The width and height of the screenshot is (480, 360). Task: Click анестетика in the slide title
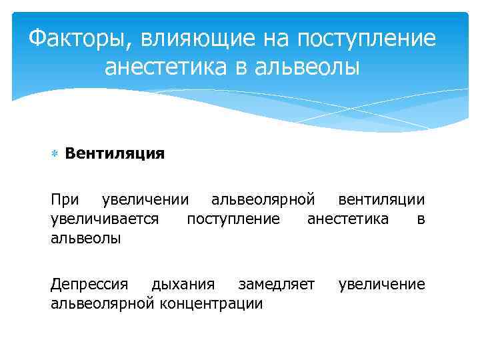pyautogui.click(x=174, y=67)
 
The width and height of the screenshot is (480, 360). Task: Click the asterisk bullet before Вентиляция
pyautogui.click(x=55, y=155)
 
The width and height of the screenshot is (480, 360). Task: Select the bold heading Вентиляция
pyautogui.click(x=115, y=154)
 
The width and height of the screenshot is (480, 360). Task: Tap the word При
pyautogui.click(x=65, y=200)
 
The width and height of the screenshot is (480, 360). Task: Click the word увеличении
pyautogui.click(x=144, y=200)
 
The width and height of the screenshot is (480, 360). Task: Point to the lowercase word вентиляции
pyautogui.click(x=381, y=200)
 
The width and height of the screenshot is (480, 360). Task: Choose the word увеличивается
pyautogui.click(x=105, y=219)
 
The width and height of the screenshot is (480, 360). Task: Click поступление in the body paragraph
pyautogui.click(x=233, y=219)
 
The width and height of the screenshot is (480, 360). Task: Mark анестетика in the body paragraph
pyautogui.click(x=347, y=219)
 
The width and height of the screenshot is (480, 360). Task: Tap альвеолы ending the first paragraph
pyautogui.click(x=86, y=237)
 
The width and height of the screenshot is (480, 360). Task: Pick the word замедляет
pyautogui.click(x=276, y=285)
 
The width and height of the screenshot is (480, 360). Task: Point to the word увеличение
pyautogui.click(x=381, y=285)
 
